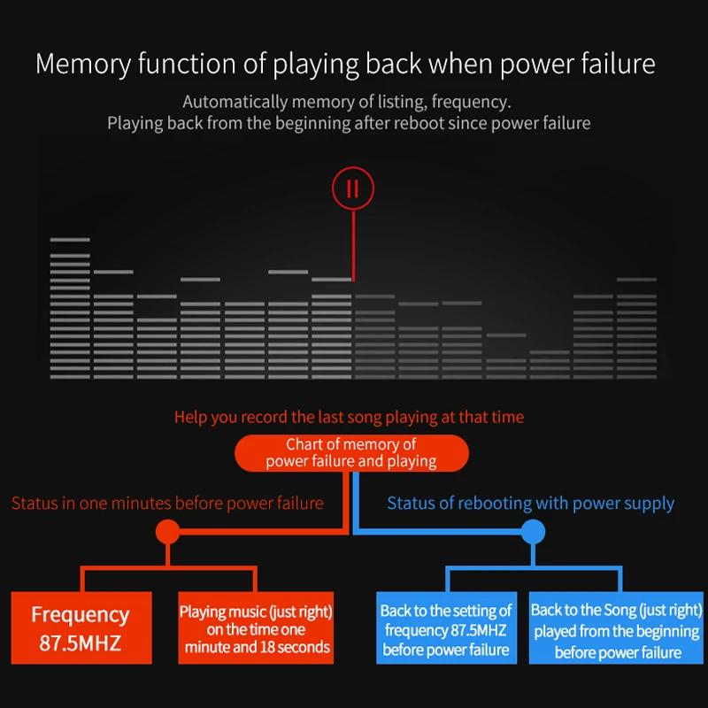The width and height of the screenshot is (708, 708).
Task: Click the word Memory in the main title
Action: pyautogui.click(x=83, y=64)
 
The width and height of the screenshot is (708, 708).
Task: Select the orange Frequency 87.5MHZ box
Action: pyautogui.click(x=81, y=627)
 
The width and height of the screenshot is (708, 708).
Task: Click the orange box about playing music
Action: pyautogui.click(x=256, y=627)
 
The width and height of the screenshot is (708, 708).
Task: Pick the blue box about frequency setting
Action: pyautogui.click(x=446, y=627)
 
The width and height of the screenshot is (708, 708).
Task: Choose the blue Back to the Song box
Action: pyautogui.click(x=616, y=627)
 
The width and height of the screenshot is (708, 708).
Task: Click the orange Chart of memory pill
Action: pyautogui.click(x=351, y=453)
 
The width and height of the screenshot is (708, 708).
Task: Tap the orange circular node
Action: pyautogui.click(x=167, y=532)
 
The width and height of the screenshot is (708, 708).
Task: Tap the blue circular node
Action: pyautogui.click(x=533, y=532)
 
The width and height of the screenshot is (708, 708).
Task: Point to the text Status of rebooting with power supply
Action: pyautogui.click(x=530, y=503)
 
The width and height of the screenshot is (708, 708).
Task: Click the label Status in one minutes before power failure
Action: pyautogui.click(x=167, y=503)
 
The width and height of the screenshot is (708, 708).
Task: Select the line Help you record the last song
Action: pyautogui.click(x=349, y=417)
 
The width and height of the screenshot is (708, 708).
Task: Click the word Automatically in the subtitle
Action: pyautogui.click(x=235, y=102)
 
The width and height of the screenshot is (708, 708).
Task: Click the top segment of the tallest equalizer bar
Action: pyautogui.click(x=70, y=240)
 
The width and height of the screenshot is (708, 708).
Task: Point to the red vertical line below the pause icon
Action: pyautogui.click(x=353, y=246)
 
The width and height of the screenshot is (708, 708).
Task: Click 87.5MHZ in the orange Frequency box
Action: pyautogui.click(x=81, y=643)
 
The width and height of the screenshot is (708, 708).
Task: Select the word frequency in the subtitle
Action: pyautogui.click(x=471, y=103)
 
